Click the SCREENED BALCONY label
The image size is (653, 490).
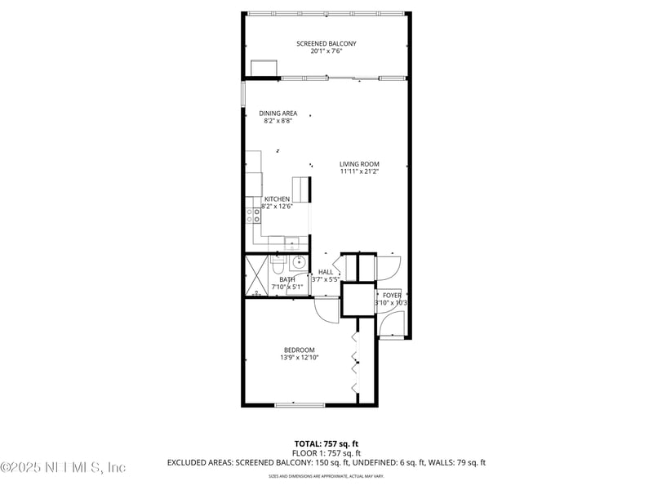pos(326,43)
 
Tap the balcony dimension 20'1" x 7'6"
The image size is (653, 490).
pos(326,51)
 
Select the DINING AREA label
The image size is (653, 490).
pos(278,114)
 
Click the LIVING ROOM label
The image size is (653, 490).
pos(360,164)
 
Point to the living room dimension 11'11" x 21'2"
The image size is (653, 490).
pos(360,171)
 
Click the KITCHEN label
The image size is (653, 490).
pos(277,199)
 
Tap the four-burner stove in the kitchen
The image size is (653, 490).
pos(254,216)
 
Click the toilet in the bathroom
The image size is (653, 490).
pos(278,265)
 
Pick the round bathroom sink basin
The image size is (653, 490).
pos(300,262)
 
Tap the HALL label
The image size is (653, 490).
pos(326,272)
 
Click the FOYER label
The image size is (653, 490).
pos(392,296)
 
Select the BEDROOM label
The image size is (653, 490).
pos(300,350)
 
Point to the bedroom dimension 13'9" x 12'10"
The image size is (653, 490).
pos(300,357)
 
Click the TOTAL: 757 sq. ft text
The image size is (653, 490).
pos(326,444)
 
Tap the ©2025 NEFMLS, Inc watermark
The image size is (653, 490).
pos(64,468)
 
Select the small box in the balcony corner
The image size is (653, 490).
pos(264,67)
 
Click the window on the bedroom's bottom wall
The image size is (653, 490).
pos(300,404)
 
